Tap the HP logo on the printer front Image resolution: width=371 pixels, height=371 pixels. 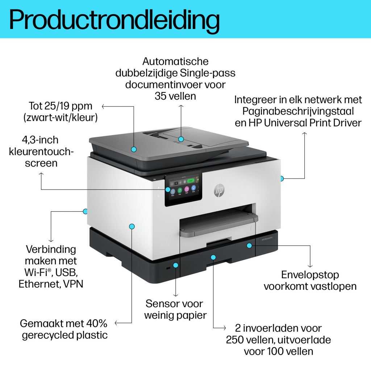tap(218, 190)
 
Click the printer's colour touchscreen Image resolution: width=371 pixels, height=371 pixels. tap(183, 188)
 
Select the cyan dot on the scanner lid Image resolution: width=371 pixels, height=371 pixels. tap(134, 149)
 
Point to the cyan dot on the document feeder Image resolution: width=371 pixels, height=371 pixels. tap(181, 139)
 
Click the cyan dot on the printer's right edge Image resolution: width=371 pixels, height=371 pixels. tap(282, 178)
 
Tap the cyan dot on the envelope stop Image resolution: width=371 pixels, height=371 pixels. tap(249, 246)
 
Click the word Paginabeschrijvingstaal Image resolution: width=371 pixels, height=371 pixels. tap(298, 111)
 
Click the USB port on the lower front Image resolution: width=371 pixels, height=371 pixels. tap(167, 268)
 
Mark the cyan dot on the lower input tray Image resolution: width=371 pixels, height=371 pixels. tap(213, 257)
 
